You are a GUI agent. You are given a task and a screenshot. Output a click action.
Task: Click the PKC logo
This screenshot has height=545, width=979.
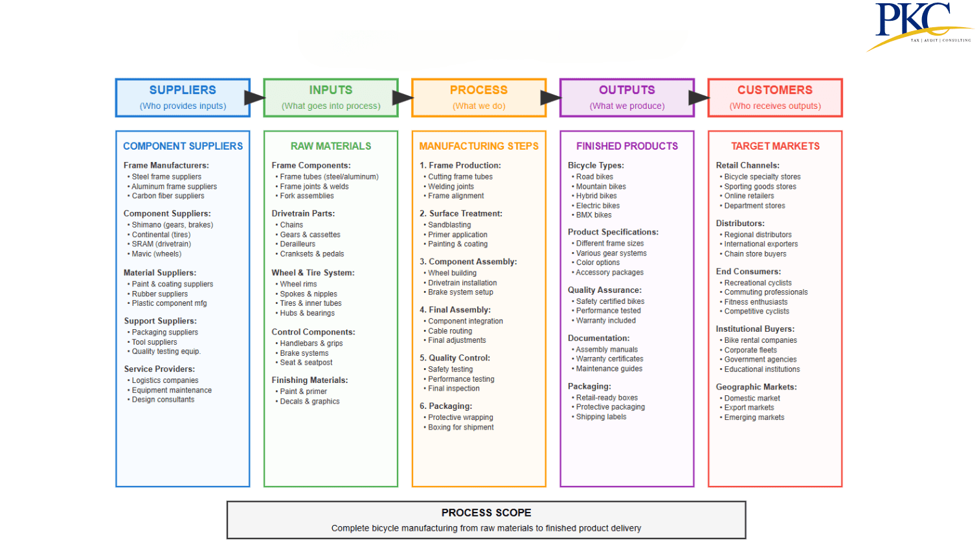pos(919,26)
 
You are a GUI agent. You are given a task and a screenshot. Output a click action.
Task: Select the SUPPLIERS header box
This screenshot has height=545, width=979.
pos(183,98)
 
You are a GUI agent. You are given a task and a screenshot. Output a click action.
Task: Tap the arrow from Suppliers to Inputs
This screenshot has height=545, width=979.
pos(255,98)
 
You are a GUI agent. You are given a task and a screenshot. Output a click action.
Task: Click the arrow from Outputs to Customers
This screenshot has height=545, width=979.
pos(699,98)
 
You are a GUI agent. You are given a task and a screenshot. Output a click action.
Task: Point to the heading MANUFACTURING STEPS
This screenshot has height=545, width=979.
pos(478,146)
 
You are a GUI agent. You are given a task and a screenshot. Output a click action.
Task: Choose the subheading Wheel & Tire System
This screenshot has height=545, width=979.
pos(313,272)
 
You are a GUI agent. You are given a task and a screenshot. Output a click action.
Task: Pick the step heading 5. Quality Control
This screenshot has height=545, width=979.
pos(455,358)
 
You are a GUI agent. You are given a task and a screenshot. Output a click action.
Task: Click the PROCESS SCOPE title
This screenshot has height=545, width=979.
pos(486,513)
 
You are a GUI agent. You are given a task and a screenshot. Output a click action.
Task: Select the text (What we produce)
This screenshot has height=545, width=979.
pos(627,106)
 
